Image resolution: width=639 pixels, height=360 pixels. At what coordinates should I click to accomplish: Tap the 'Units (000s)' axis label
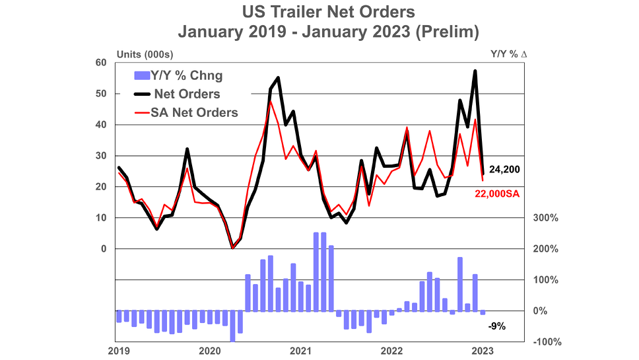tap(145, 54)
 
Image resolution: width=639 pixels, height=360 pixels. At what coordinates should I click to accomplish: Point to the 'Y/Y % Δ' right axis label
tap(508, 54)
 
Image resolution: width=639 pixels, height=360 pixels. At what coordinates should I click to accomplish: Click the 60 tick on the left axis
tap(100, 63)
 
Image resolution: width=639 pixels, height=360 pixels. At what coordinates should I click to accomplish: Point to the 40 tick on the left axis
tap(100, 125)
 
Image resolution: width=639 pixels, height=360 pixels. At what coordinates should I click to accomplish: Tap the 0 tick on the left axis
tap(103, 249)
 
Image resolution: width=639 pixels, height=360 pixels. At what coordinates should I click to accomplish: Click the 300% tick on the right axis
tap(545, 218)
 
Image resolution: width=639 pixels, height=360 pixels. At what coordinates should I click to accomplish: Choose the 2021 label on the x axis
tap(302, 351)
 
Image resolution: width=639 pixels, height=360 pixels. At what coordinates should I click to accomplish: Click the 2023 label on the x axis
tap(484, 351)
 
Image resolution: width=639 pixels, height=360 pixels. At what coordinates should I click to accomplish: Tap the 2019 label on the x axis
tap(118, 351)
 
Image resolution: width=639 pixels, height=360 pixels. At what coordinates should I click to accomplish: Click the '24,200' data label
tap(504, 170)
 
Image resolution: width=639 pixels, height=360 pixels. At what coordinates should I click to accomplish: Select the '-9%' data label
tap(496, 326)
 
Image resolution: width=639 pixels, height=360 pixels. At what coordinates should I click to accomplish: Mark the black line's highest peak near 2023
tap(475, 71)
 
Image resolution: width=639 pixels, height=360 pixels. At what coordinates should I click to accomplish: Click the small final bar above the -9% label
tap(483, 312)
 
